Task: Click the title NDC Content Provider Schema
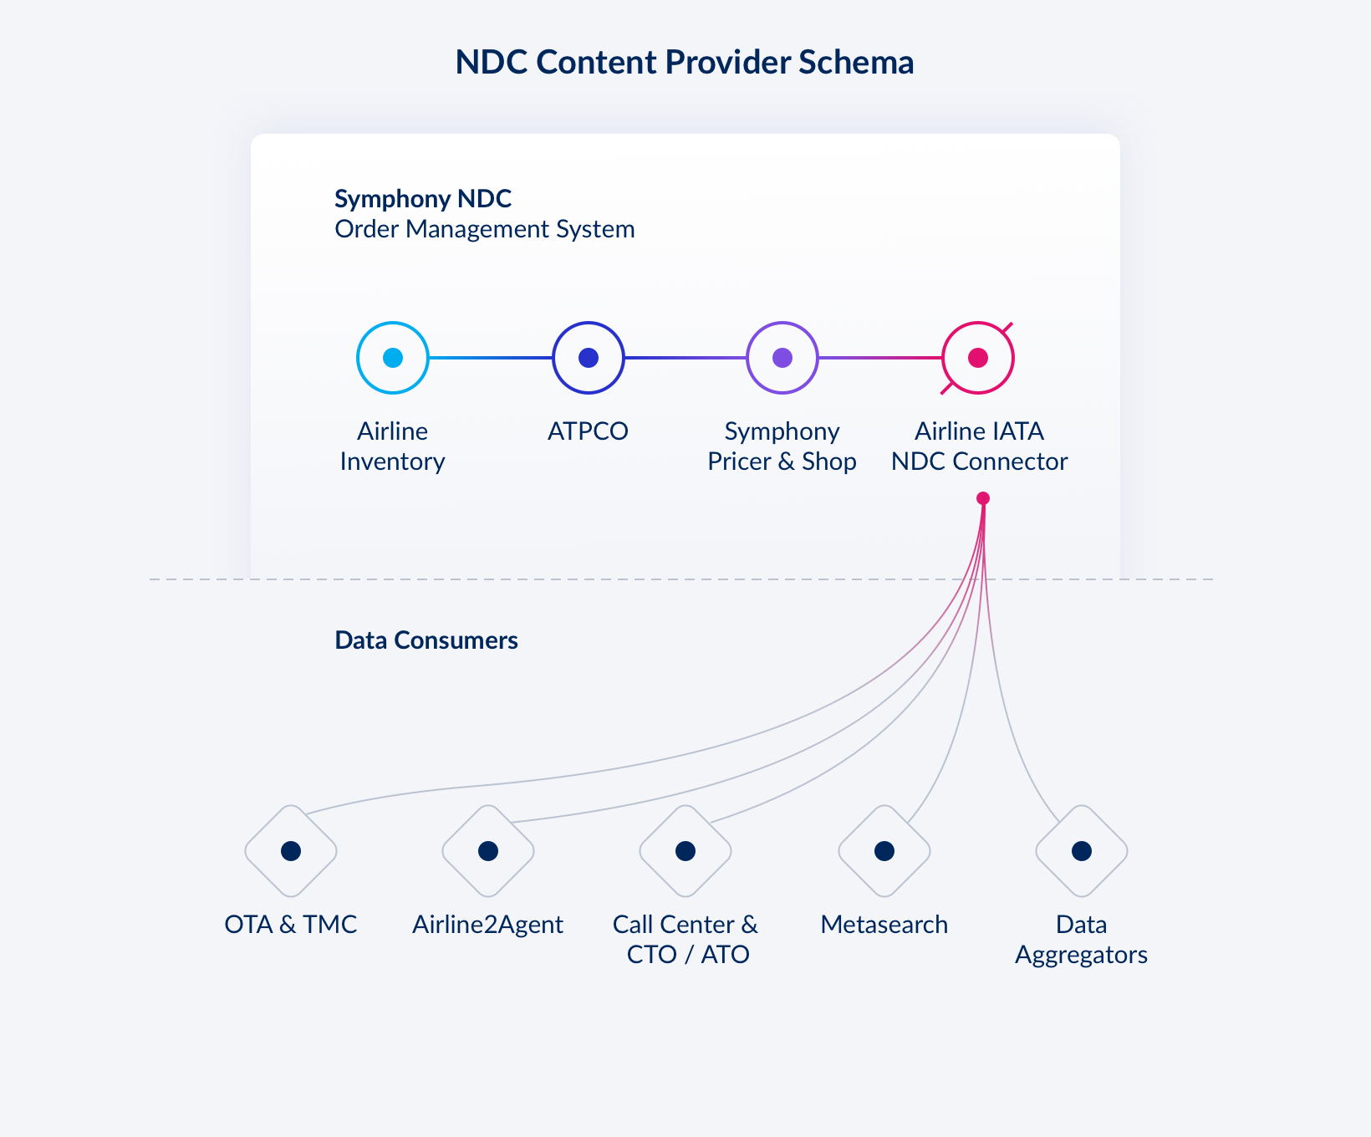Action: coord(684,63)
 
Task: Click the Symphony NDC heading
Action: coord(423,199)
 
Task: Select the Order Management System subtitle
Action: coord(484,229)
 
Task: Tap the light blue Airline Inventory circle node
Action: coord(393,358)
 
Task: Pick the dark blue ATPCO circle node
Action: coord(589,358)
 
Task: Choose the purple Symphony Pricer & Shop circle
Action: coord(782,358)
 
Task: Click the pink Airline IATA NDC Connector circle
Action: coord(978,358)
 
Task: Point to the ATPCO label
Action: coord(588,431)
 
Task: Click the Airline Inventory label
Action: coord(392,446)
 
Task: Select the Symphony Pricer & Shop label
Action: coord(782,446)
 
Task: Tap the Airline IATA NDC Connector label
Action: coord(979,446)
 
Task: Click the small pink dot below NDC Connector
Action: coord(983,498)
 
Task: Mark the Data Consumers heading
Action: coord(426,640)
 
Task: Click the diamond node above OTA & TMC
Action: coord(291,851)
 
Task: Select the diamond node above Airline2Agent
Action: coord(488,851)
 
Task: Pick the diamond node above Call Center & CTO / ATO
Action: coord(685,851)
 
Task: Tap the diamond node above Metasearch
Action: coord(884,851)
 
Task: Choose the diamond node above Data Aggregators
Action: coord(1082,851)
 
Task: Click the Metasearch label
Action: coord(884,925)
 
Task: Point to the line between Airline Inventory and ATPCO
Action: coord(491,358)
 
